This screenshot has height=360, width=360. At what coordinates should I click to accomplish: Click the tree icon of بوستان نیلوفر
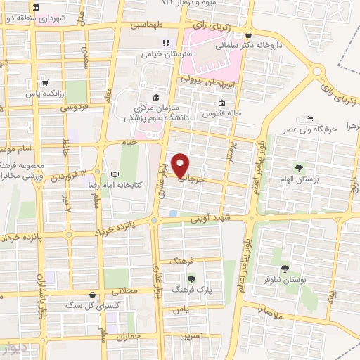coord(285,269)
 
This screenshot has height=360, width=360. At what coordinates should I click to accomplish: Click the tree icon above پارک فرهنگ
coord(192,279)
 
